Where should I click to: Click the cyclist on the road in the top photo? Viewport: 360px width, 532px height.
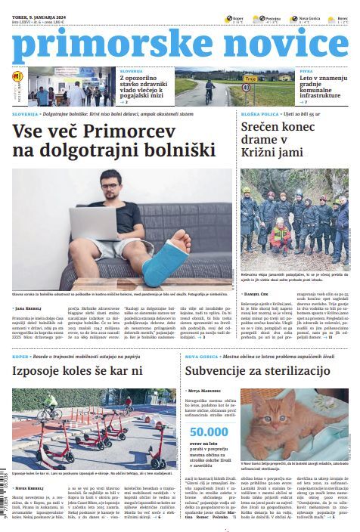209,89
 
